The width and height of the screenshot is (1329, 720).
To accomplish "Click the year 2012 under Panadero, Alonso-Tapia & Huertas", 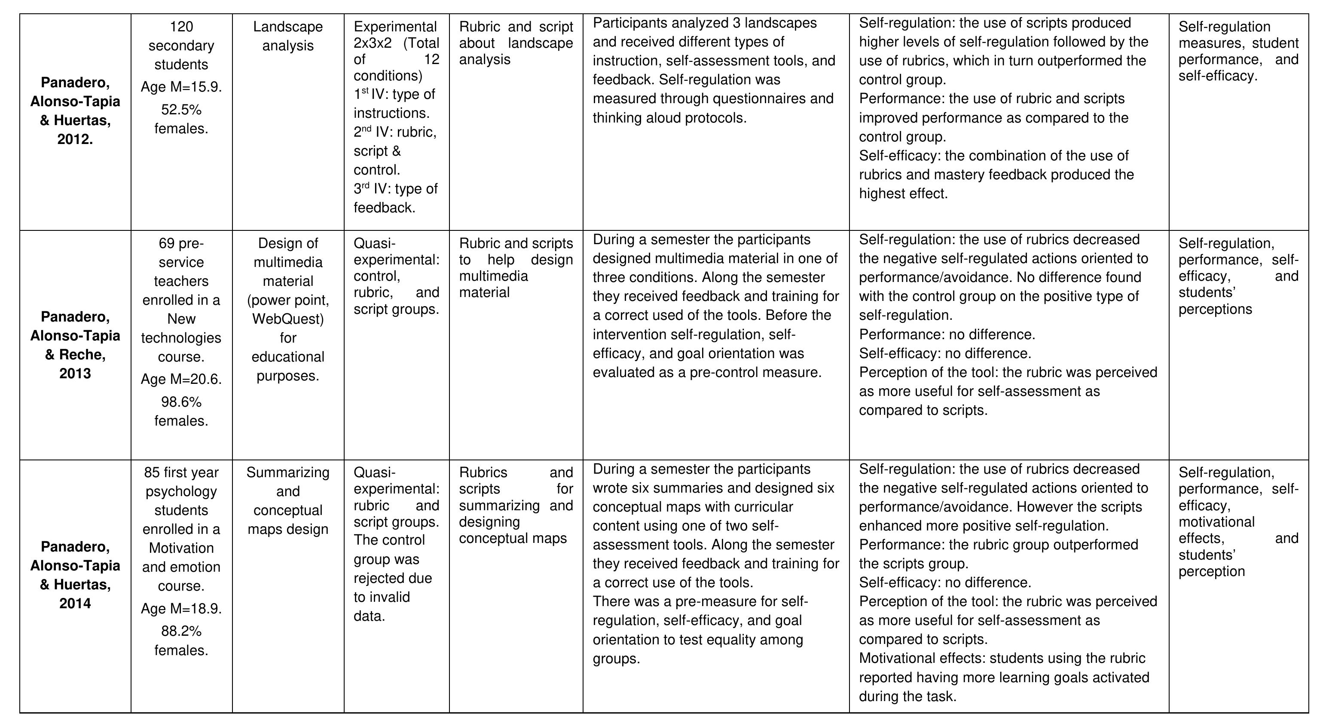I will pos(75,139).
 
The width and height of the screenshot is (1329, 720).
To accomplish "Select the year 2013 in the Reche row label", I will pos(75,374).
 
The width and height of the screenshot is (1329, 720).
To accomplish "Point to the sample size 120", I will pos(181,27).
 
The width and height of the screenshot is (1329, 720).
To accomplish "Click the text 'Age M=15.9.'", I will pos(181,87).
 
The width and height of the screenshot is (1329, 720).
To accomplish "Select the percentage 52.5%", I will pos(181,110).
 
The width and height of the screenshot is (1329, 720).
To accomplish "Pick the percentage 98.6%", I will pos(181,402).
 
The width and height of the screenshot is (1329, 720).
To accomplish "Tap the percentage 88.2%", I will pos(181,631).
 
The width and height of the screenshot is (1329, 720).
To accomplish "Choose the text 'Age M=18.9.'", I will pos(181,609).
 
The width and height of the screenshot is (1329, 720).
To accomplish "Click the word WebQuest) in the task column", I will pos(288,319).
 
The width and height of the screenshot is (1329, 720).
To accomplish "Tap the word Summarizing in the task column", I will pos(288,473).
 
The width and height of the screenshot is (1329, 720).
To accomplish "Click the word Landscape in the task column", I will pos(288,27).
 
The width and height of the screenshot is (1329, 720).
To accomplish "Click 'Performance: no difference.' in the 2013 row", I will pos(947,335).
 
